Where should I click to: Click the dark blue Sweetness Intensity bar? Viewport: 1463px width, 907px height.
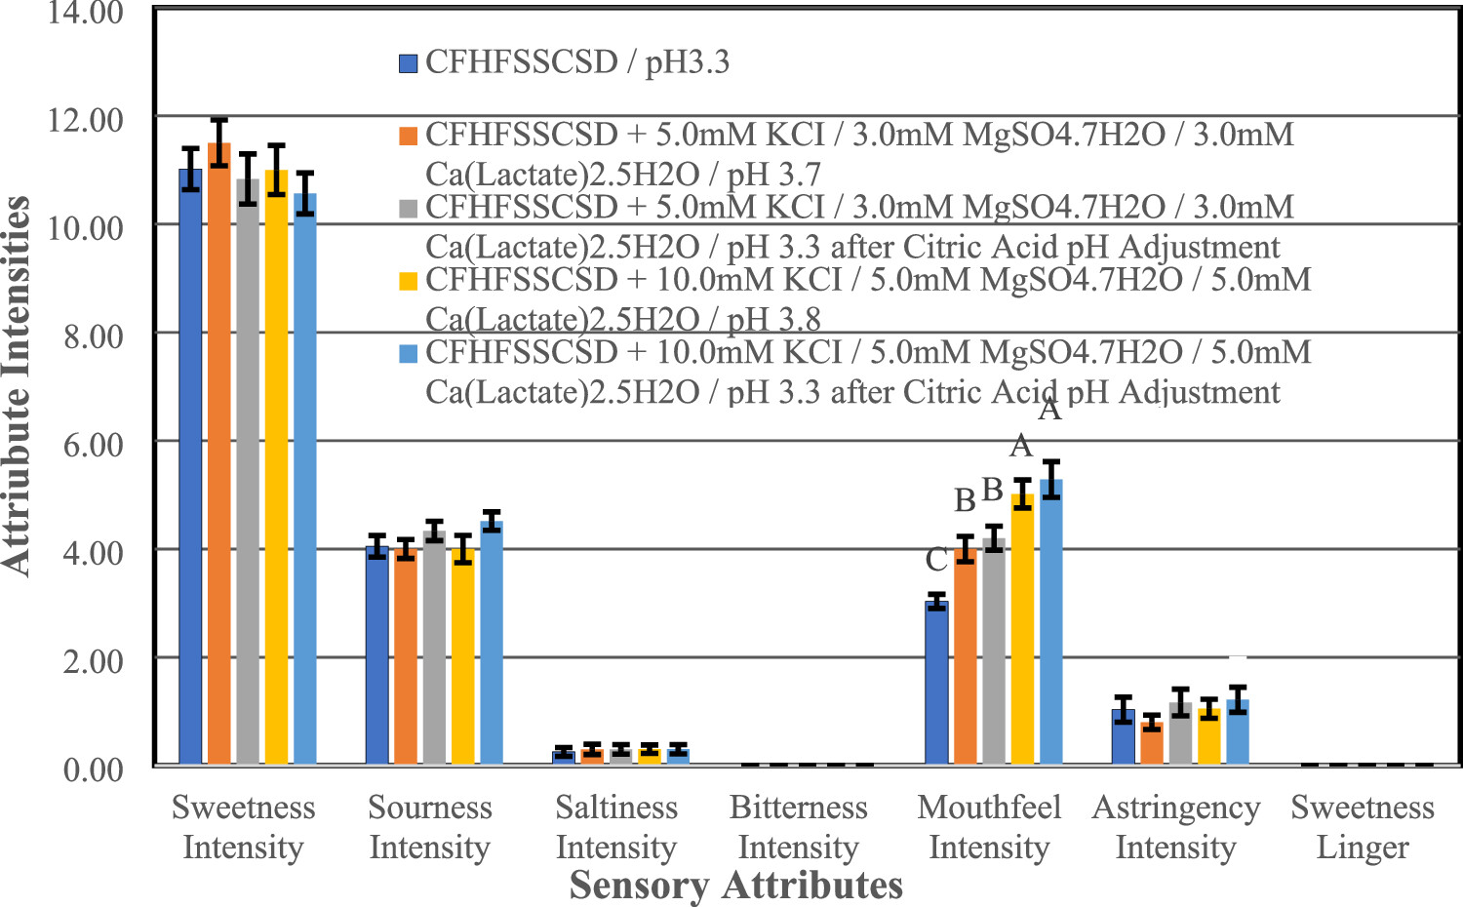click(190, 468)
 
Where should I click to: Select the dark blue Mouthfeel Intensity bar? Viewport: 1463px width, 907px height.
click(936, 683)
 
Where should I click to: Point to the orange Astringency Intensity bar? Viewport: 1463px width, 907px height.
click(1152, 743)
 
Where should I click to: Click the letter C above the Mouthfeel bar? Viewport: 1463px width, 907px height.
click(936, 560)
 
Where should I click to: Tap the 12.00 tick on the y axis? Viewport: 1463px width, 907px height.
click(86, 121)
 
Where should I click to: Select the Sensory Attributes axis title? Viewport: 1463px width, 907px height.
click(735, 886)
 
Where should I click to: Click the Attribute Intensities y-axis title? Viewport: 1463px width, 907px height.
click(17, 385)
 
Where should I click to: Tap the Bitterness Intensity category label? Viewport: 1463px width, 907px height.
click(798, 827)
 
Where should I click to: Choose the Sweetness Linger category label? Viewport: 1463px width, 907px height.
click(1363, 827)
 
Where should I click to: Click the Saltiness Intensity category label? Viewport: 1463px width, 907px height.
click(616, 827)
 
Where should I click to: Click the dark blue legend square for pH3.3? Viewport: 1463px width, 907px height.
click(408, 63)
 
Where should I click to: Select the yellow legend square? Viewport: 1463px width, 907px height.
click(408, 281)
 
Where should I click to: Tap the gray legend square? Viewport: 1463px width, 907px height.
click(408, 208)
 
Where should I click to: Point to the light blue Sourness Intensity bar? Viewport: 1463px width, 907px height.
click(493, 644)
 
